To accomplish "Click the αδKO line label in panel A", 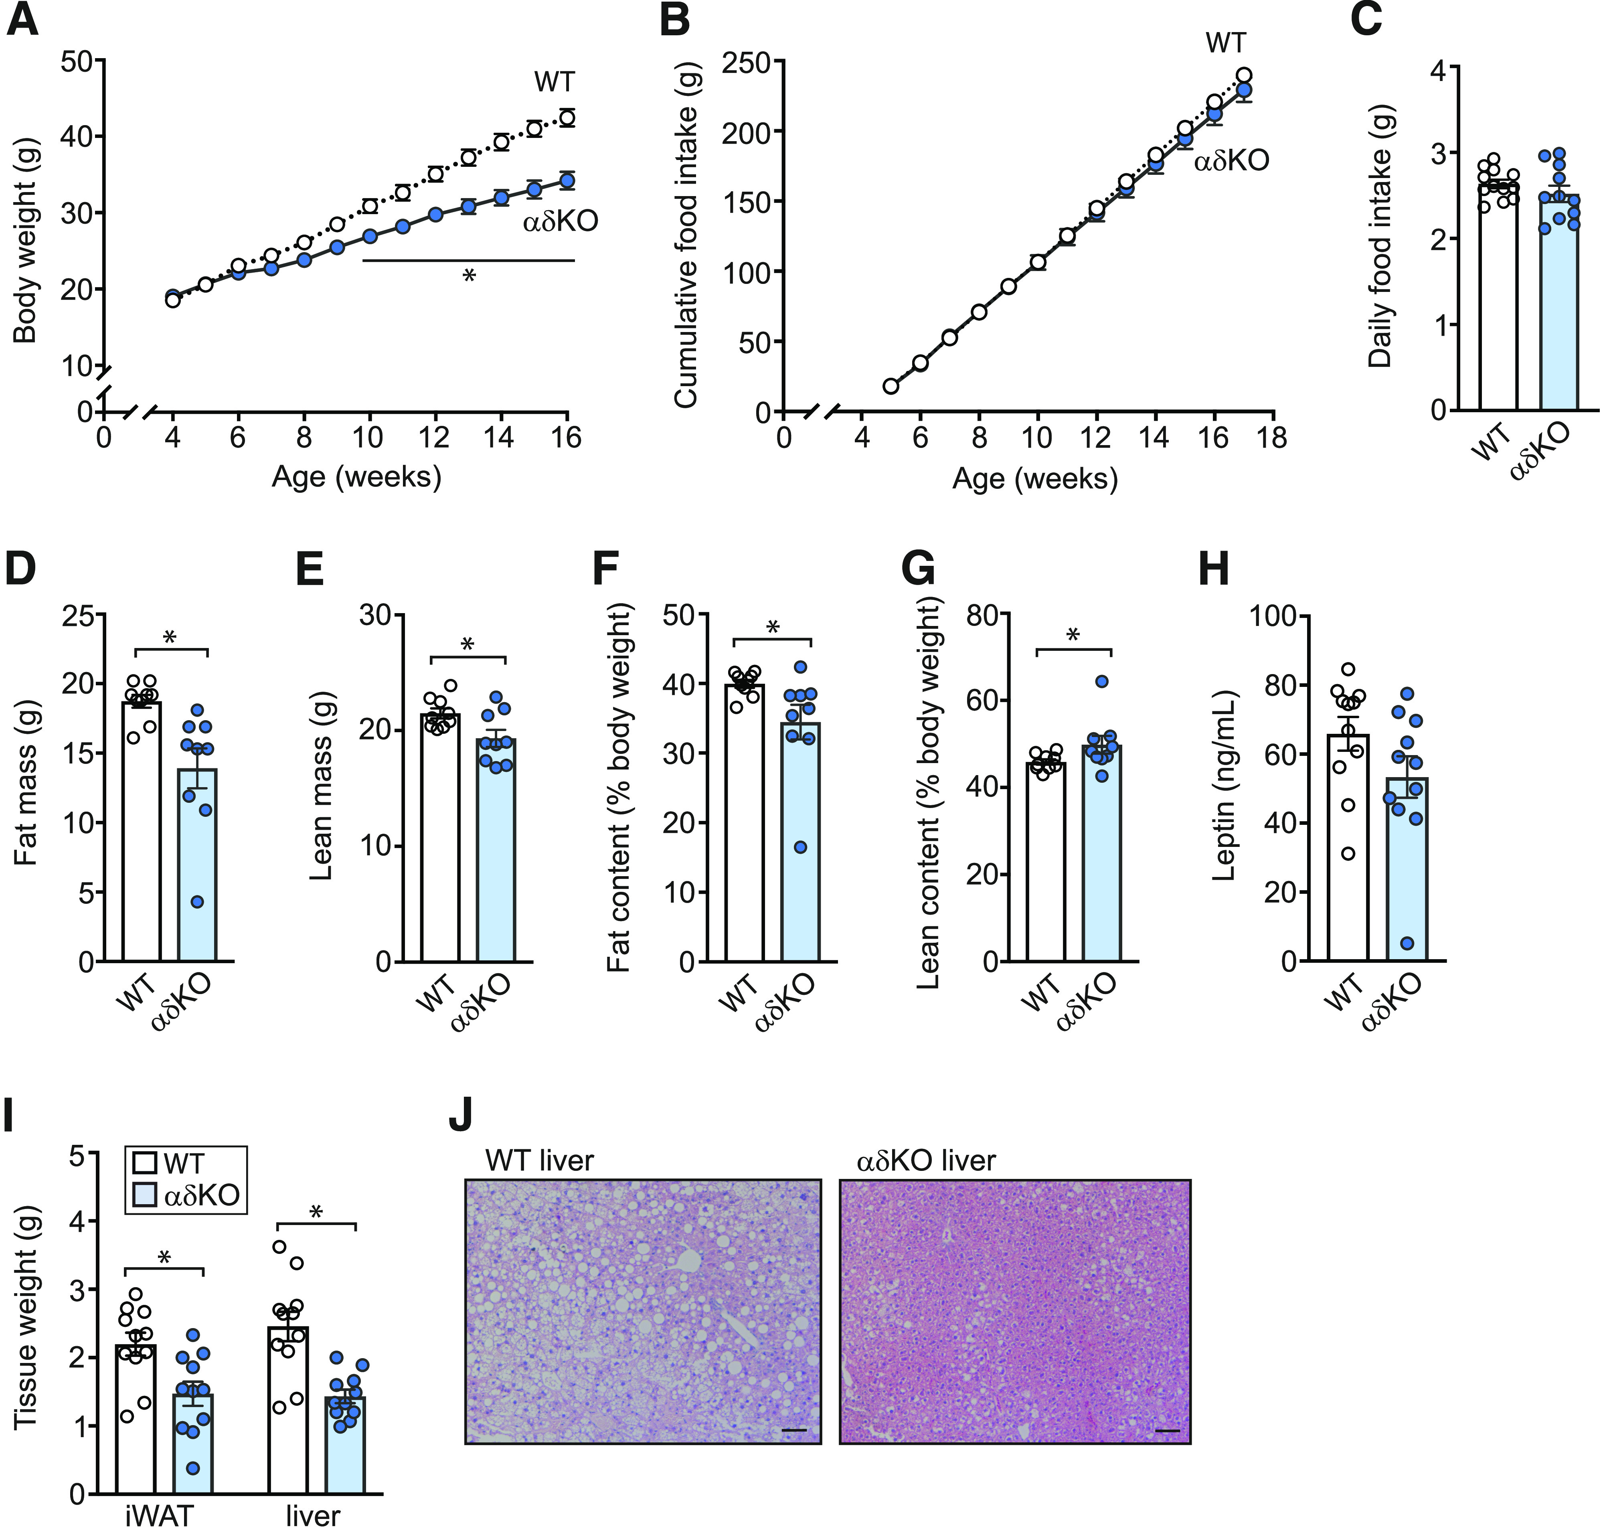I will (x=561, y=221).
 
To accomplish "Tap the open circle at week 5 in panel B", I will (x=891, y=386).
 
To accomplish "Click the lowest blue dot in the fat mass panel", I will (x=197, y=902).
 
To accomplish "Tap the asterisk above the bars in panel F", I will (x=772, y=628).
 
